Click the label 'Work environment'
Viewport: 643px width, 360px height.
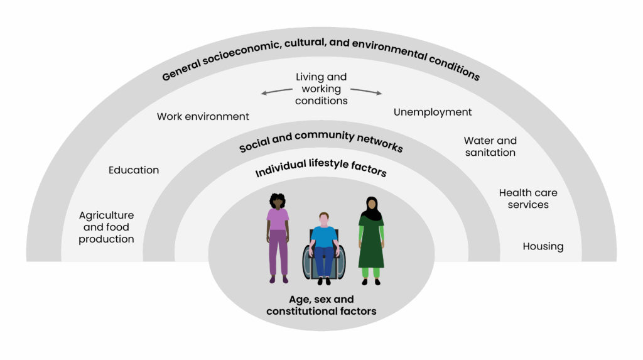tap(203, 116)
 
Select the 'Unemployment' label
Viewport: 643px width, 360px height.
tap(433, 112)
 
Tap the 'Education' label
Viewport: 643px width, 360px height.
tap(134, 170)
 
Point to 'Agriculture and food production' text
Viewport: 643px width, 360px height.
tap(107, 227)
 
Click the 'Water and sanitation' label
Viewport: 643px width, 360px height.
tap(490, 146)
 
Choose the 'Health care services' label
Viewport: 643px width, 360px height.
tap(527, 199)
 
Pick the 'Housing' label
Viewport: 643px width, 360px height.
tap(543, 246)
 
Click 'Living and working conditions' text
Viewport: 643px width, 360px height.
tap(321, 89)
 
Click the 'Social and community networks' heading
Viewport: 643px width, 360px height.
tap(321, 142)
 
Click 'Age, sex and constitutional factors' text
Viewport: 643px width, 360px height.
tap(321, 305)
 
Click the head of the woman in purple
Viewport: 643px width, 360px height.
tap(278, 201)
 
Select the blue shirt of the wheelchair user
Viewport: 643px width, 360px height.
tap(324, 236)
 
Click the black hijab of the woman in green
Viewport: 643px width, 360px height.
tap(371, 209)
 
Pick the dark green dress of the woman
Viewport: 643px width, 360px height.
tap(371, 245)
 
